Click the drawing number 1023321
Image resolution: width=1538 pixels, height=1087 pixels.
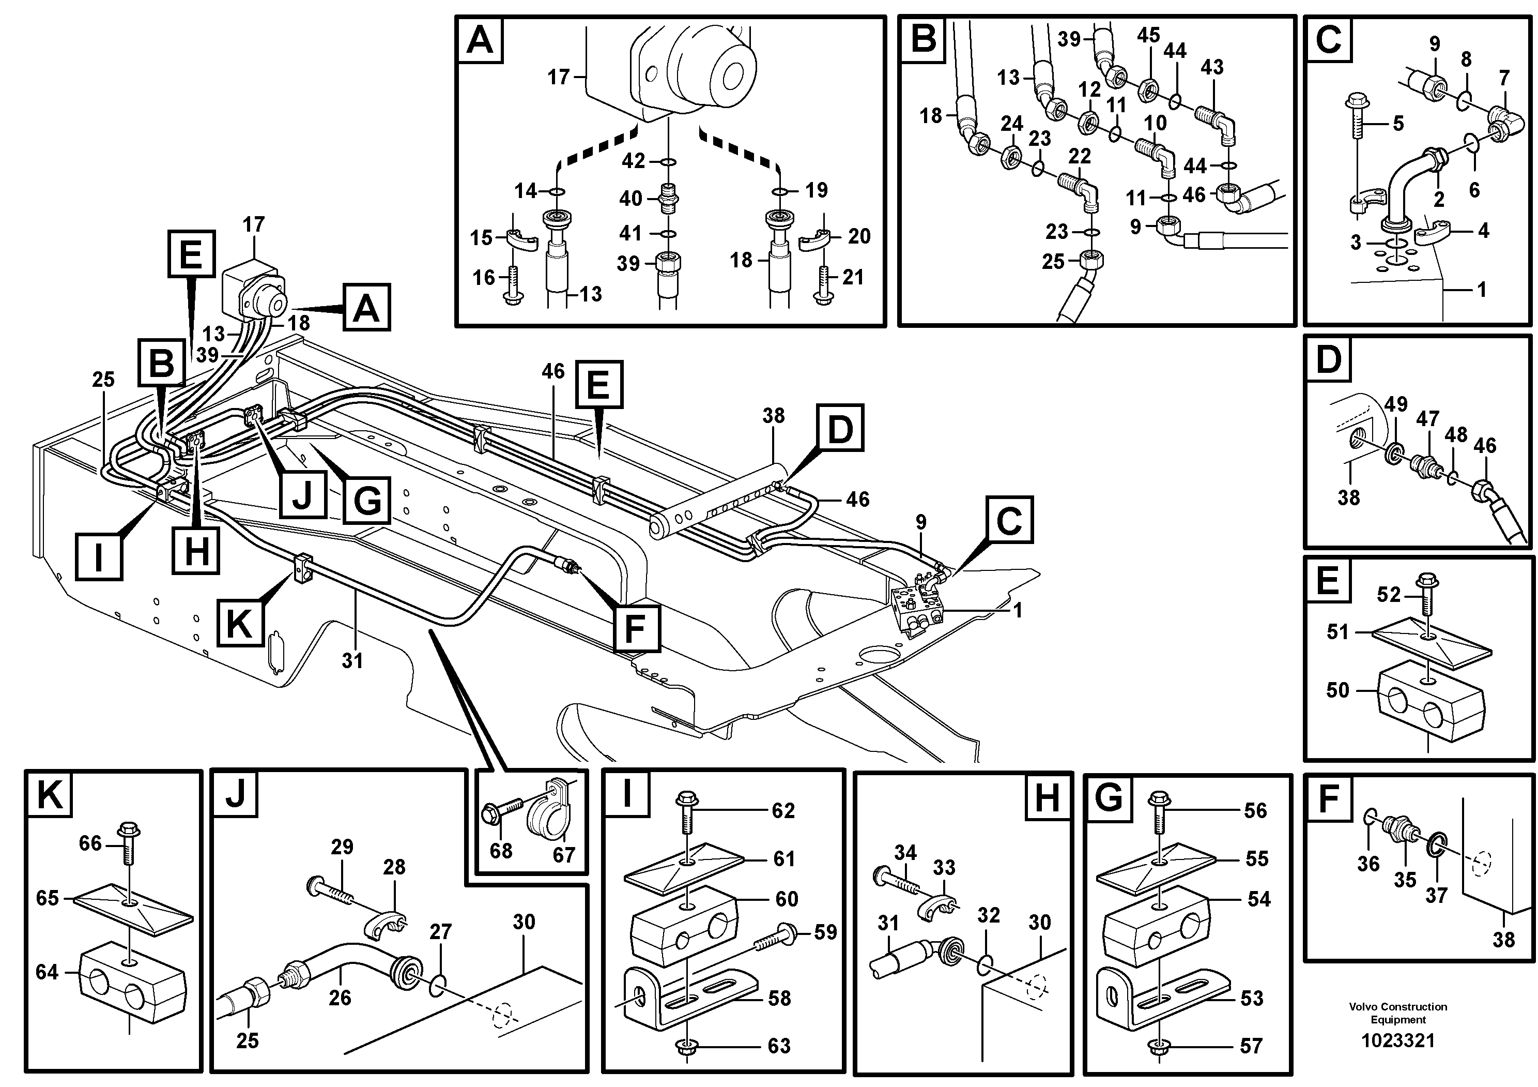[1397, 1041]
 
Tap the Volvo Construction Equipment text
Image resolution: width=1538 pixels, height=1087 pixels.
[1397, 1013]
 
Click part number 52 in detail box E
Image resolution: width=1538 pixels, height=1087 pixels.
[1389, 594]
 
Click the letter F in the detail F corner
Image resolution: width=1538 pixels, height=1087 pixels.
[1328, 798]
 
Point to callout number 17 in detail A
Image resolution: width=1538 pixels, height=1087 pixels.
[558, 77]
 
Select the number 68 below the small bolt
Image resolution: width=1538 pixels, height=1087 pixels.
[501, 851]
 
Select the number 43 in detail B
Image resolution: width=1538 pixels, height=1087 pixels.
[1212, 67]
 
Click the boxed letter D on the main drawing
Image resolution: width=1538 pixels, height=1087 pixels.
[840, 427]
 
